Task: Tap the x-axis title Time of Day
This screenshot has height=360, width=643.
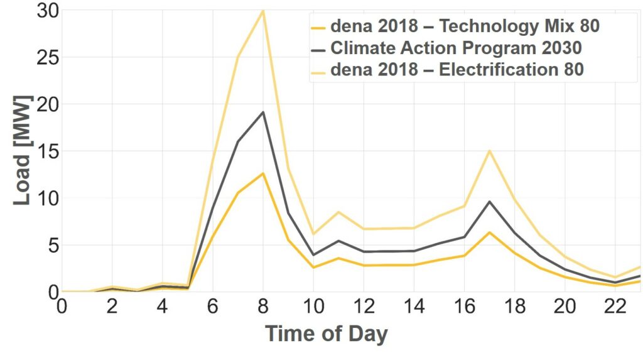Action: coord(326,333)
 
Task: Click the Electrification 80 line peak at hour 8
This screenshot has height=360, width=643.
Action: coord(263,10)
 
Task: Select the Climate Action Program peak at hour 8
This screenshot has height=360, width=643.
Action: coord(263,112)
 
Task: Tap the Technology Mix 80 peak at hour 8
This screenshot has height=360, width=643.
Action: coord(263,173)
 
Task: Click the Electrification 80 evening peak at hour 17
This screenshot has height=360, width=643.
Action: coord(490,151)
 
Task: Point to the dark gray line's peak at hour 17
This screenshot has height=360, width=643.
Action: coord(490,202)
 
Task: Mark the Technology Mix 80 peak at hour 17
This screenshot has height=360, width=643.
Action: coord(490,232)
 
